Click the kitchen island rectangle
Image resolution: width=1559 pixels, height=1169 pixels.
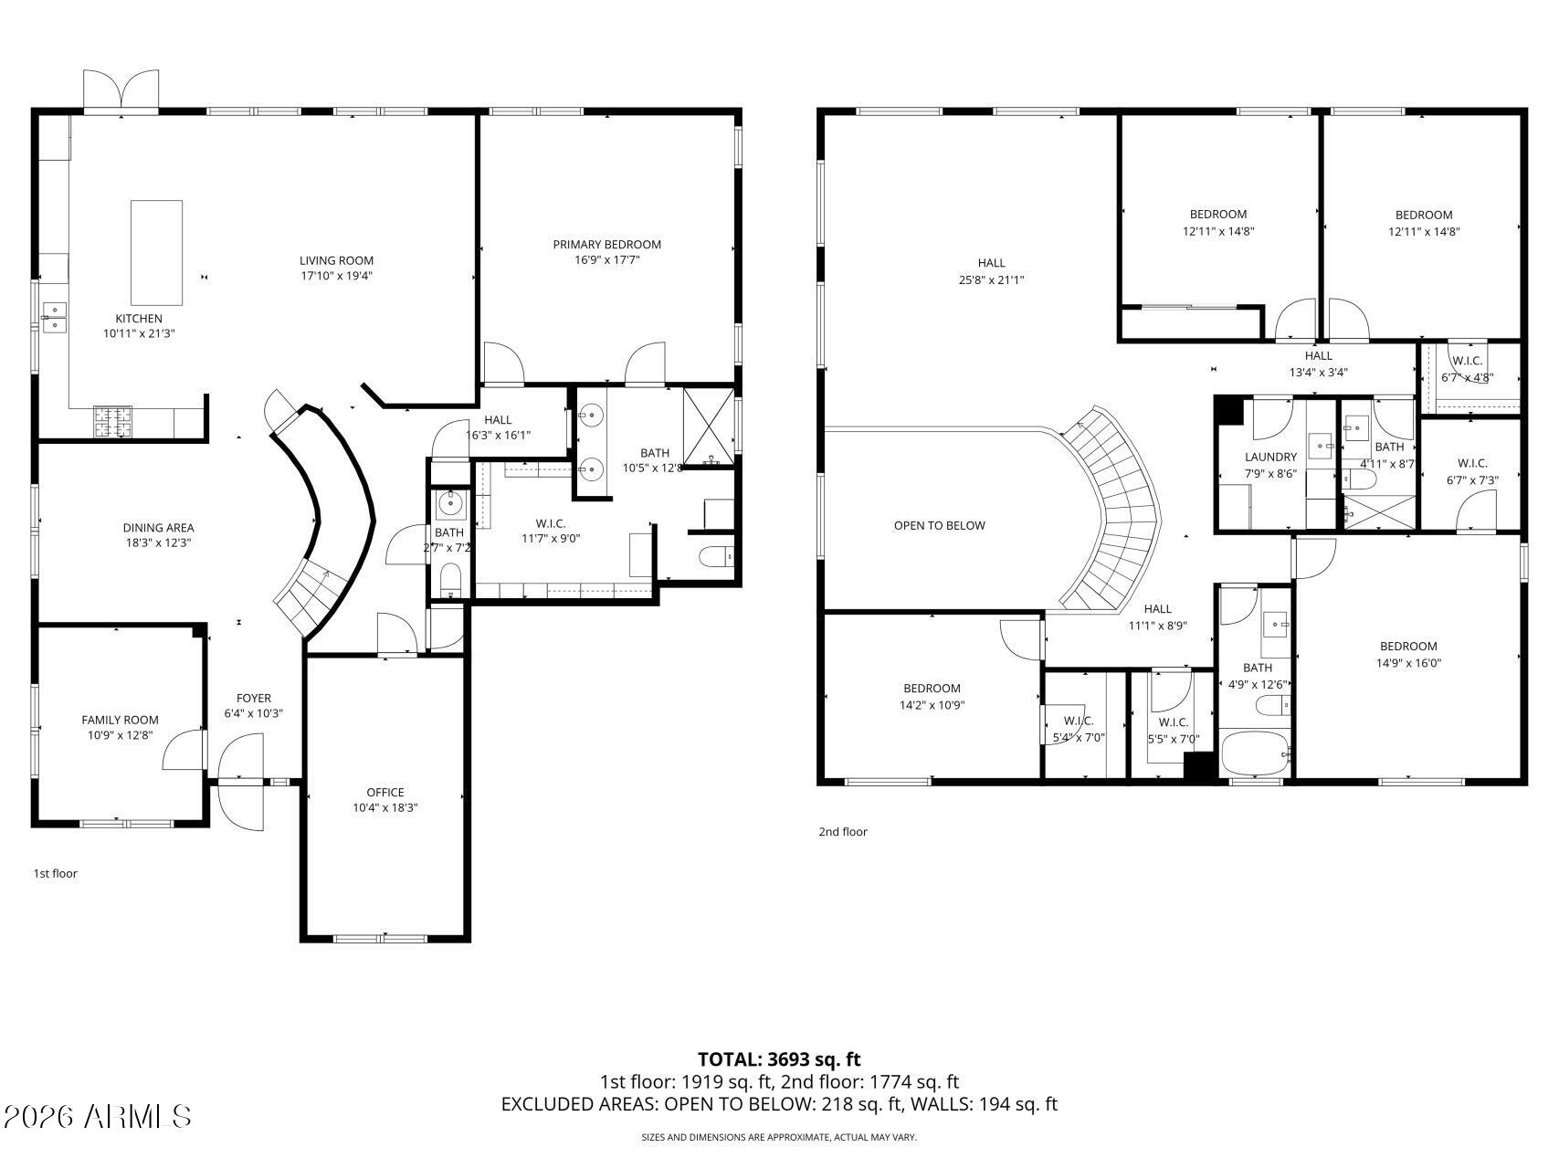(156, 252)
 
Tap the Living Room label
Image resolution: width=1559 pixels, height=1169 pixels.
(336, 260)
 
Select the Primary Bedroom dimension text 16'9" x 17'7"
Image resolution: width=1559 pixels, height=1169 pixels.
(606, 260)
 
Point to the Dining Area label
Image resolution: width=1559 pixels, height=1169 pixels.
(158, 528)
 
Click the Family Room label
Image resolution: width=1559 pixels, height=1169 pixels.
(120, 720)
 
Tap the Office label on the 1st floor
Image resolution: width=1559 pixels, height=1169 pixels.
(384, 792)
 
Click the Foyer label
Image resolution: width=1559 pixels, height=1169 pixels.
(253, 698)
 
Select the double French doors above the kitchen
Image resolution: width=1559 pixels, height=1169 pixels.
(121, 91)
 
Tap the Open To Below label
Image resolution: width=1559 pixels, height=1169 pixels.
(939, 525)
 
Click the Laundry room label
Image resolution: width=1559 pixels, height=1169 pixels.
(1269, 457)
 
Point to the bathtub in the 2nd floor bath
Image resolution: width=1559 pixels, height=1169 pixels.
(1254, 754)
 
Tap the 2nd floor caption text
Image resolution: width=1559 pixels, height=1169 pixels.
(842, 831)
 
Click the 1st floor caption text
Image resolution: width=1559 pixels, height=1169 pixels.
(56, 873)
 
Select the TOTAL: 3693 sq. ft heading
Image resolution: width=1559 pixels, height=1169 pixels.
(778, 1059)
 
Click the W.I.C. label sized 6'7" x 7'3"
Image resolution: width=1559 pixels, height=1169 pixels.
(1472, 463)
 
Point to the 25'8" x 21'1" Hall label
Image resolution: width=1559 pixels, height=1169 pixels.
(991, 263)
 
